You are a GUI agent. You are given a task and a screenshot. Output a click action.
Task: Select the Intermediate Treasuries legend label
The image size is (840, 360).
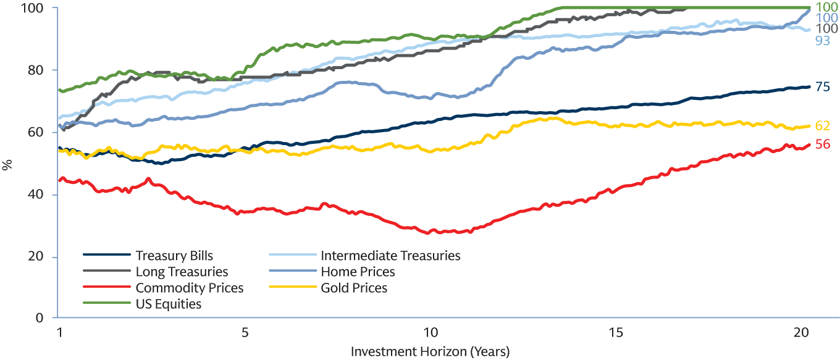click(390, 256)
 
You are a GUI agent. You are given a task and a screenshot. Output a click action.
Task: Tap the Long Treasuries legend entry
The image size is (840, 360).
click(182, 272)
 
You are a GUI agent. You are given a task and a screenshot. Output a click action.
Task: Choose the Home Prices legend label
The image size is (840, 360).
click(358, 272)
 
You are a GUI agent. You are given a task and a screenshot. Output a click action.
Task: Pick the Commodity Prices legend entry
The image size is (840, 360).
click(190, 288)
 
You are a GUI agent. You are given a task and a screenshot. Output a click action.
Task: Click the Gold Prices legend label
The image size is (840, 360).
click(354, 288)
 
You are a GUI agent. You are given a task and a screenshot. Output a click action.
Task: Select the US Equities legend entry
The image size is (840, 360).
click(169, 304)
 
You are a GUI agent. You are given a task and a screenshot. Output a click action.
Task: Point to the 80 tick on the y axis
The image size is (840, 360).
click(42, 70)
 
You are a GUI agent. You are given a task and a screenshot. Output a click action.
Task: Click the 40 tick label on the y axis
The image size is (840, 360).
click(42, 195)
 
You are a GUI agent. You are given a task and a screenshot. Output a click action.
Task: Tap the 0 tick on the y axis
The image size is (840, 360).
click(46, 318)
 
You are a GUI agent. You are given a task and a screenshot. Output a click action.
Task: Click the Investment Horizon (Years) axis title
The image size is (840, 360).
click(430, 351)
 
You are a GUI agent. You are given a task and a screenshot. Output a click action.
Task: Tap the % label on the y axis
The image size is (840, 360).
click(7, 164)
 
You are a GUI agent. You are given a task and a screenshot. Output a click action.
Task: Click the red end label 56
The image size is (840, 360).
click(823, 144)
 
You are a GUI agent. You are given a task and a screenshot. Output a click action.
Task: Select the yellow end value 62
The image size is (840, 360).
click(823, 126)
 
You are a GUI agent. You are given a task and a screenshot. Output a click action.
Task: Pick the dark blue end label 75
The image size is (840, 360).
click(823, 87)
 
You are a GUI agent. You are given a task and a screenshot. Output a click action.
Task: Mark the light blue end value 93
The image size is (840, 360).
click(823, 40)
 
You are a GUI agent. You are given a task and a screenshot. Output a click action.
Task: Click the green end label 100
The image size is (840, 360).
click(826, 7)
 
